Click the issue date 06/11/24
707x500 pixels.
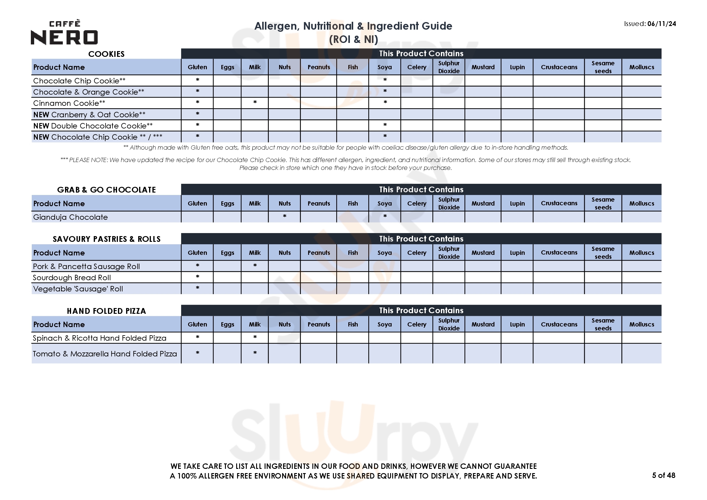tap(661, 24)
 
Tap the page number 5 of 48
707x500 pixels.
tap(663, 475)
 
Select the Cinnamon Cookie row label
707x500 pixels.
tap(69, 103)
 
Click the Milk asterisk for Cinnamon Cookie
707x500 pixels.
tap(255, 102)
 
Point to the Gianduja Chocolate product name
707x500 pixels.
tap(70, 217)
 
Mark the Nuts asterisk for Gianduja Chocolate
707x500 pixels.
tap(285, 216)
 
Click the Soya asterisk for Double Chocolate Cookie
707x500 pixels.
tap(385, 125)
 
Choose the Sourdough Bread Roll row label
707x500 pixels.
tap(72, 278)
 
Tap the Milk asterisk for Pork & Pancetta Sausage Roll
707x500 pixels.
tap(255, 265)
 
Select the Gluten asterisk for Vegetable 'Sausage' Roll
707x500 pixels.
tap(197, 288)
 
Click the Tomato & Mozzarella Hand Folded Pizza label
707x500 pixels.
tap(105, 354)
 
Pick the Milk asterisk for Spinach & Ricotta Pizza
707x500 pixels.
tap(255, 337)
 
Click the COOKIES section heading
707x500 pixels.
tap(106, 54)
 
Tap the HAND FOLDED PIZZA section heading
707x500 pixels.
tap(106, 311)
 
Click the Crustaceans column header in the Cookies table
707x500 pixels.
tap(559, 67)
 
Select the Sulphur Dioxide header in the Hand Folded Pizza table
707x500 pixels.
tap(449, 324)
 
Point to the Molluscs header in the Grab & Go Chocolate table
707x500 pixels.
tap(641, 203)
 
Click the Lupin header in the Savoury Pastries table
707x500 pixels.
tap(517, 252)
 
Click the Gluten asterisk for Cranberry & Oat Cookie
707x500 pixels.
tap(197, 114)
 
